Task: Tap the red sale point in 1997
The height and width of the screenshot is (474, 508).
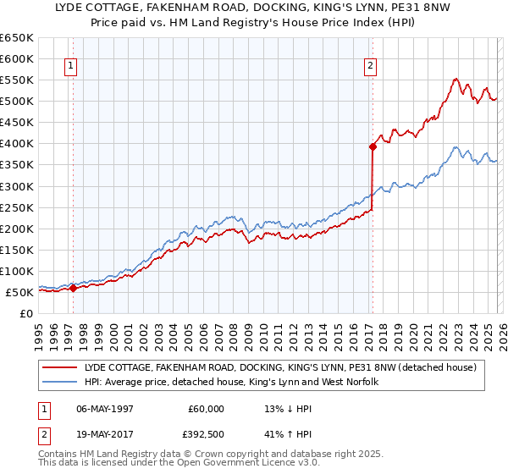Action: click(x=73, y=288)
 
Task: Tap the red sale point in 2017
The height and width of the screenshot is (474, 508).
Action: click(x=372, y=146)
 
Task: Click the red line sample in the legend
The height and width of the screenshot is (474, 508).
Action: click(x=59, y=367)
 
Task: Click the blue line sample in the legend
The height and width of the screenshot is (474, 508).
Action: click(x=59, y=382)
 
